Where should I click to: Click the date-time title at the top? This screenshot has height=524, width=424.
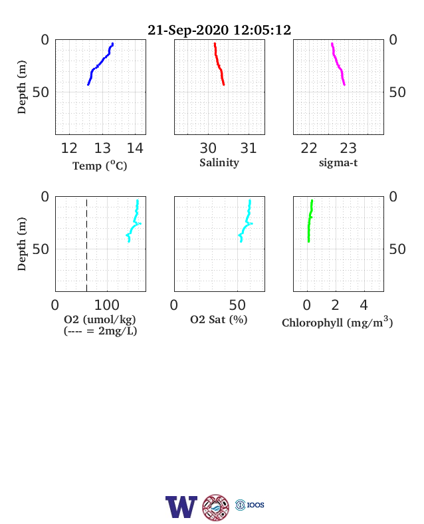pos(219,30)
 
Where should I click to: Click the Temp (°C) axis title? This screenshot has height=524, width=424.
pos(100,166)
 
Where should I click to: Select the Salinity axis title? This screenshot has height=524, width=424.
pos(219,163)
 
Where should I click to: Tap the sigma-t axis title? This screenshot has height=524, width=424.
pos(338,163)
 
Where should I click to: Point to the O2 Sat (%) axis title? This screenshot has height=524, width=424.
pos(219,320)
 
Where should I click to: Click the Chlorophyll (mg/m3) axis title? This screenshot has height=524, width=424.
pos(337,322)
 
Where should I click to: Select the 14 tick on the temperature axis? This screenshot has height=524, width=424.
pos(135,148)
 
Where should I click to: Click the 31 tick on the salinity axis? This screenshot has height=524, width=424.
pos(249,148)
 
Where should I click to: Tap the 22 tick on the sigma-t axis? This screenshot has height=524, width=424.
pos(309,148)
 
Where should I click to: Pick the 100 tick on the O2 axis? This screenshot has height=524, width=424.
pos(107,305)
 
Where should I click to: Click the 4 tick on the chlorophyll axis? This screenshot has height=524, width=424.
pos(364,305)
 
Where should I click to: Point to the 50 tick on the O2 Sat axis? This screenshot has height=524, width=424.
pos(237,305)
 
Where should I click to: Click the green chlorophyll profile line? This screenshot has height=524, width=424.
pos(310,221)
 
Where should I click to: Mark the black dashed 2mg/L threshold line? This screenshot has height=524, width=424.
pos(87,245)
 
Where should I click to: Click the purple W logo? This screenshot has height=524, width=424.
pos(181,507)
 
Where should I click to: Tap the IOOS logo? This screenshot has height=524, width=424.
pos(250,505)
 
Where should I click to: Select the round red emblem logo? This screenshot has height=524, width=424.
pos(216,507)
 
